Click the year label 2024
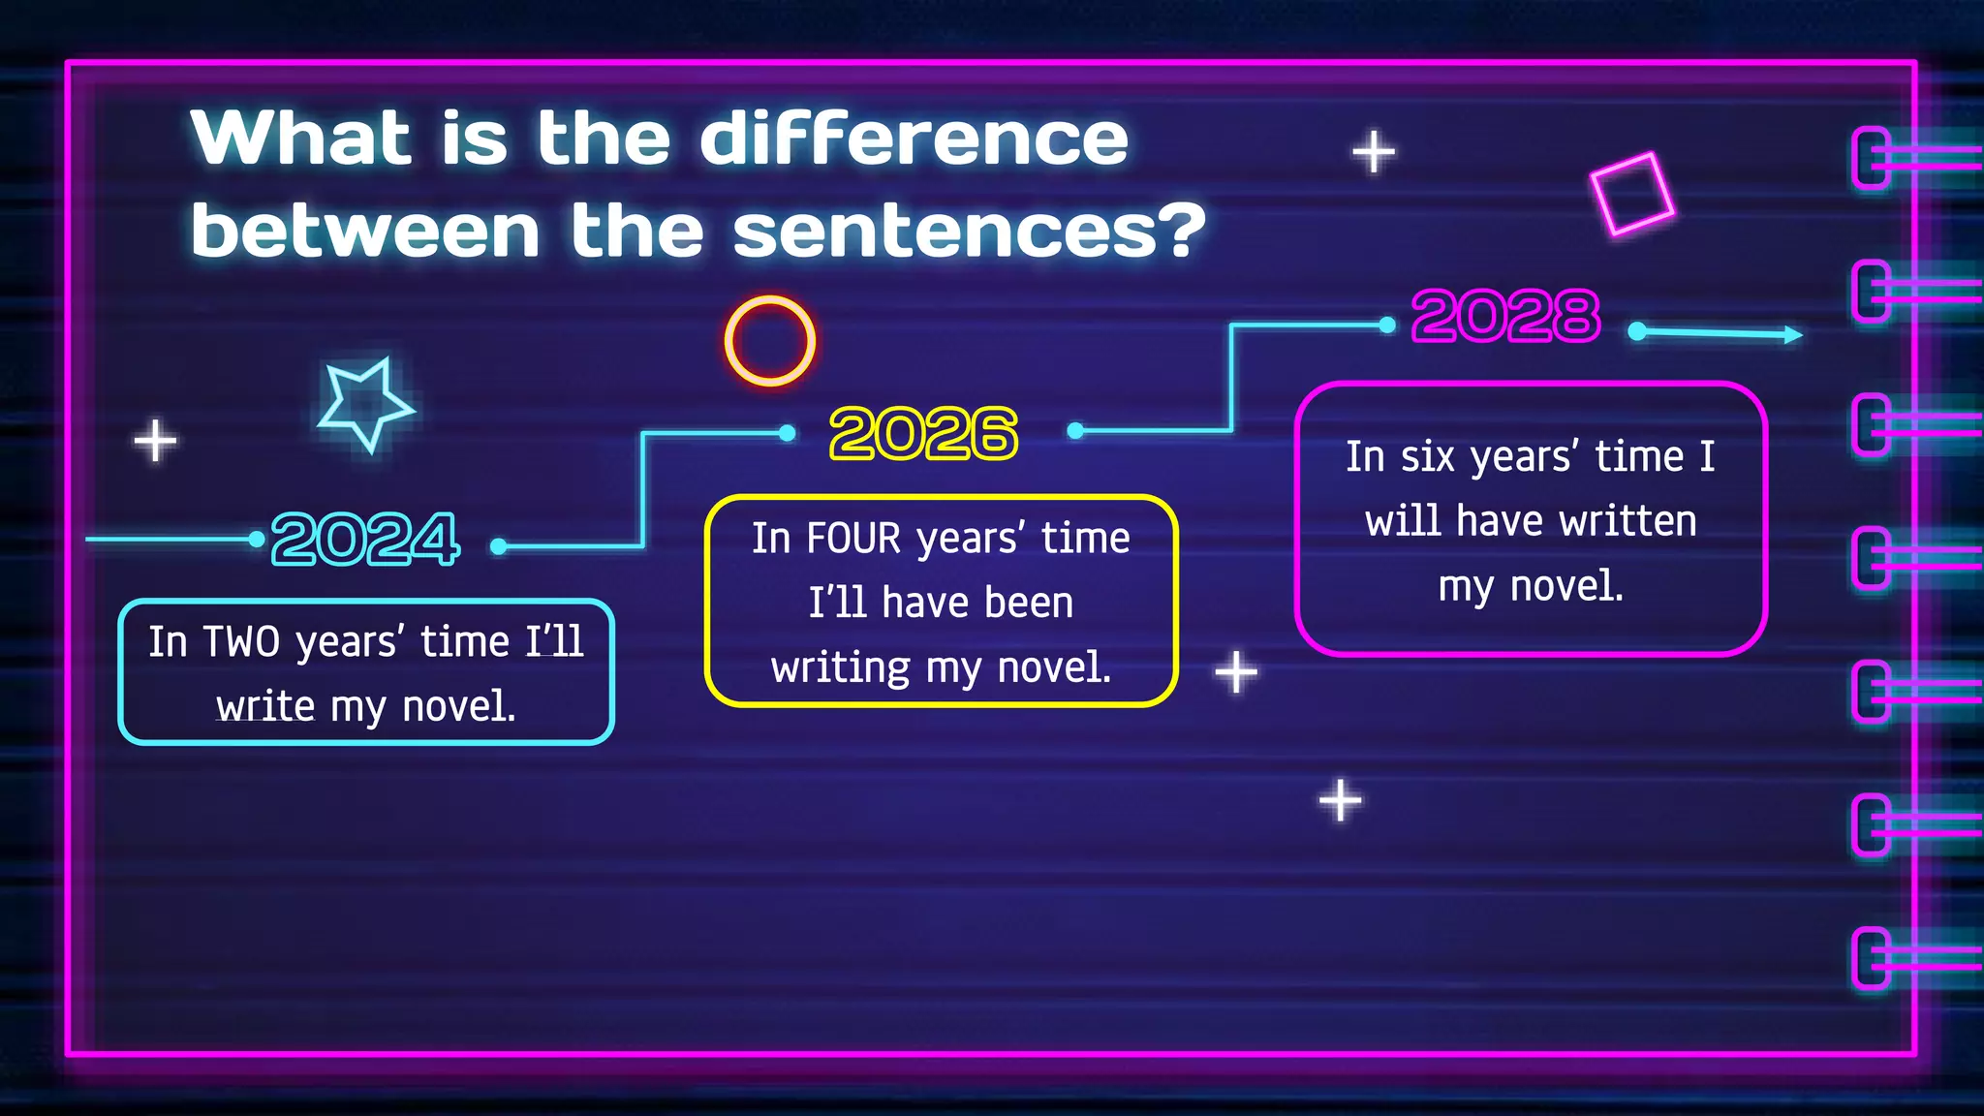click(365, 539)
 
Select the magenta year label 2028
click(1505, 316)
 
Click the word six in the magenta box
click(1428, 456)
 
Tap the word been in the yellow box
click(1026, 603)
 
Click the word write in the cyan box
click(265, 706)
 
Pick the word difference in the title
click(914, 139)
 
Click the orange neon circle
click(770, 341)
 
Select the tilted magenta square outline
click(1632, 193)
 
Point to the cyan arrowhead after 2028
click(1793, 334)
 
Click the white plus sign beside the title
click(1374, 152)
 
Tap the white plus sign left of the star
click(155, 441)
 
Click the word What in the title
click(301, 139)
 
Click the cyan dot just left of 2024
click(256, 539)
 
